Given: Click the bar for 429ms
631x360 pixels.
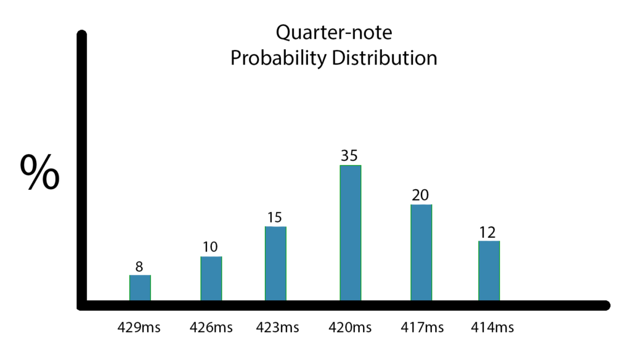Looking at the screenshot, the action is pyautogui.click(x=140, y=287).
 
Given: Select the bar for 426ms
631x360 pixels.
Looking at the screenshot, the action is pyautogui.click(x=211, y=278).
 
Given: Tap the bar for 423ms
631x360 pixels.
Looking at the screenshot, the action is pyautogui.click(x=275, y=263).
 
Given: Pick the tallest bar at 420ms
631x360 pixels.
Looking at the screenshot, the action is pyautogui.click(x=351, y=233).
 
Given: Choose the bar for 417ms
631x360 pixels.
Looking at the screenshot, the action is pyautogui.click(x=421, y=253).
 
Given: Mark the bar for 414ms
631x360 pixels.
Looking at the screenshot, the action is pyautogui.click(x=489, y=271).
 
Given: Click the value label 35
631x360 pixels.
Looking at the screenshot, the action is pyautogui.click(x=349, y=156).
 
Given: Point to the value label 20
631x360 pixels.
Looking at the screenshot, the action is pyautogui.click(x=420, y=195).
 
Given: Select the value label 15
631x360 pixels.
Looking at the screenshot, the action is pyautogui.click(x=274, y=218).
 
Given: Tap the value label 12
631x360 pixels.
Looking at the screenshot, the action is pyautogui.click(x=487, y=232).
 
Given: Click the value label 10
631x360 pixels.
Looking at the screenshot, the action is pyautogui.click(x=210, y=247).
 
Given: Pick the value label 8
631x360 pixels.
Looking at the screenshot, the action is pyautogui.click(x=139, y=266).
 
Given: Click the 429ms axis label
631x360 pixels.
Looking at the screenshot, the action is pyautogui.click(x=139, y=327).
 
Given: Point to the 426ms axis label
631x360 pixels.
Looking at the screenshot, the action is pyautogui.click(x=211, y=327).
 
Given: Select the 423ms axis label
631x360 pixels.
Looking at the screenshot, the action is pyautogui.click(x=277, y=327).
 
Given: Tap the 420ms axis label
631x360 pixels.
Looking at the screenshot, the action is pyautogui.click(x=350, y=327).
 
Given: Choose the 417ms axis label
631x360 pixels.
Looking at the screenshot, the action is pyautogui.click(x=422, y=327).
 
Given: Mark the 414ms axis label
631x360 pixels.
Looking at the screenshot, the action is pyautogui.click(x=492, y=327).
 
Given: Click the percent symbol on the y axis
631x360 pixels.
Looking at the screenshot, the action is pyautogui.click(x=40, y=172).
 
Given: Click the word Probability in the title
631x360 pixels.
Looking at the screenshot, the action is pyautogui.click(x=279, y=59).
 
